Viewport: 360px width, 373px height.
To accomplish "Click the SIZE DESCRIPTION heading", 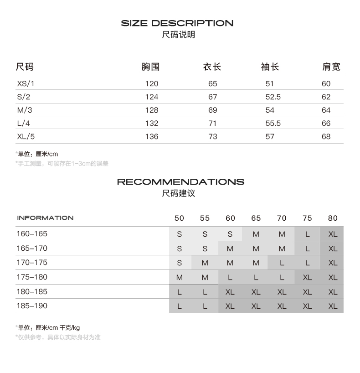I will tap(177, 23).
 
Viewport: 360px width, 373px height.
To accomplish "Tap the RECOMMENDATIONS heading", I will tap(180, 182).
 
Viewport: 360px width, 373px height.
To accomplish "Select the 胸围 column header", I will tap(150, 67).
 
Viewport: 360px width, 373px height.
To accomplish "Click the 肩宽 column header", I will tap(331, 67).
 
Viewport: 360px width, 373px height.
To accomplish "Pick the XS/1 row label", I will tap(26, 83).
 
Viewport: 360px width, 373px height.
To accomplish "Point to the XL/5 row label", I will tap(26, 136).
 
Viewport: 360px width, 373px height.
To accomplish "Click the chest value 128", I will tap(151, 110).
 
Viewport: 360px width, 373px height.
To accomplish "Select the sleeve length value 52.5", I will tap(273, 97).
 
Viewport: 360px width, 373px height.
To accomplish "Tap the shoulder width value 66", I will tap(326, 123).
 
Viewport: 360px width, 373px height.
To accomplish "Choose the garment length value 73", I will tap(213, 136).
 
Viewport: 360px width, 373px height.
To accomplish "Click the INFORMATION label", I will tap(45, 218).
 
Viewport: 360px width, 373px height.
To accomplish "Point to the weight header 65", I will tap(256, 218).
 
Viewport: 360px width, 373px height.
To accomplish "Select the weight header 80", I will tap(333, 218).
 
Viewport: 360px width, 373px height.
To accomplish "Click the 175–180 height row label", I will tap(32, 277).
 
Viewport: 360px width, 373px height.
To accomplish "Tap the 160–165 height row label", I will tap(32, 234).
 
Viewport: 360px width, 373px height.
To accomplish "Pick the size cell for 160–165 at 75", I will tap(308, 234).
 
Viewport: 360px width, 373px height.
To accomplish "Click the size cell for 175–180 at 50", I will tap(180, 277).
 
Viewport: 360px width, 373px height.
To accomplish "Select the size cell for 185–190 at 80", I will tap(333, 306).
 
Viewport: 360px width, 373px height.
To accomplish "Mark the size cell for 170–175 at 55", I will tap(205, 263).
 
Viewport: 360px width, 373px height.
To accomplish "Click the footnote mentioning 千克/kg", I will tap(48, 327).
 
